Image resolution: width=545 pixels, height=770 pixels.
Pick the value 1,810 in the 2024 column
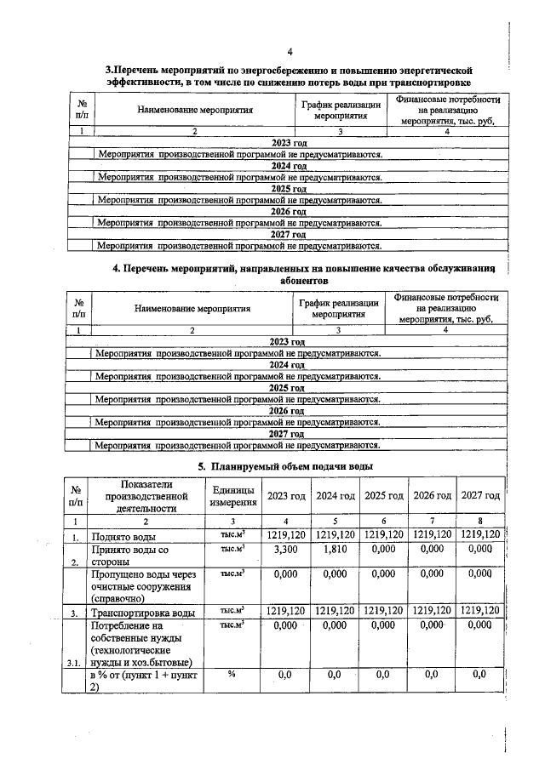click(x=334, y=550)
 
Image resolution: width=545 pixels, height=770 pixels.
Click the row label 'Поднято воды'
click(x=129, y=537)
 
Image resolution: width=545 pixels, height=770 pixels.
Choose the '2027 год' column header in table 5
click(x=479, y=496)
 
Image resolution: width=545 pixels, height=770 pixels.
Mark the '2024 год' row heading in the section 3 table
click(x=288, y=166)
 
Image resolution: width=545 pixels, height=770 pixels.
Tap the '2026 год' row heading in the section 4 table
click(x=287, y=410)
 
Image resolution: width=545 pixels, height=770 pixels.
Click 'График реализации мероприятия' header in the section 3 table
click(x=338, y=110)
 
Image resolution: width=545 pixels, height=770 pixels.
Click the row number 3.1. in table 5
click(x=77, y=661)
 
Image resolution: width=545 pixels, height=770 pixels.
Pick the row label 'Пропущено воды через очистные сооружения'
click(x=143, y=586)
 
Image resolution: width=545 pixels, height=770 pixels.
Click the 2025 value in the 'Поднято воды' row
click(x=381, y=536)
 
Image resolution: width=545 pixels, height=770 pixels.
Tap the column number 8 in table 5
click(x=479, y=521)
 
